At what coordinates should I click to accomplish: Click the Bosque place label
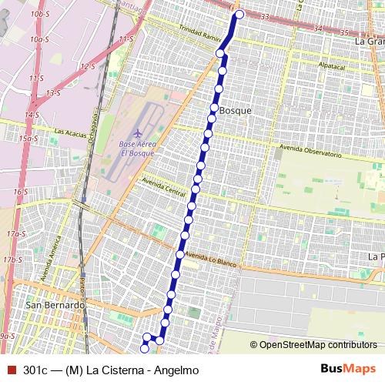pyautogui.click(x=236, y=111)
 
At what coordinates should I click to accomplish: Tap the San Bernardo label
pyautogui.click(x=55, y=305)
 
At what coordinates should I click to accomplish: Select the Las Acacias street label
pyautogui.click(x=69, y=132)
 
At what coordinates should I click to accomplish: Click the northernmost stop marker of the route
pyautogui.click(x=239, y=15)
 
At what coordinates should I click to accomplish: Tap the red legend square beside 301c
pyautogui.click(x=10, y=370)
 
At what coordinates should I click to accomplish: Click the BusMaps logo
pyautogui.click(x=347, y=369)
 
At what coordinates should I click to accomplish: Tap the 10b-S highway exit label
pyautogui.click(x=38, y=14)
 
